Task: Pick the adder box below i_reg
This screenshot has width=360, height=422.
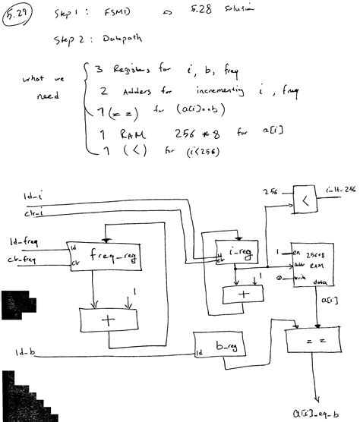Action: pos(243,294)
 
